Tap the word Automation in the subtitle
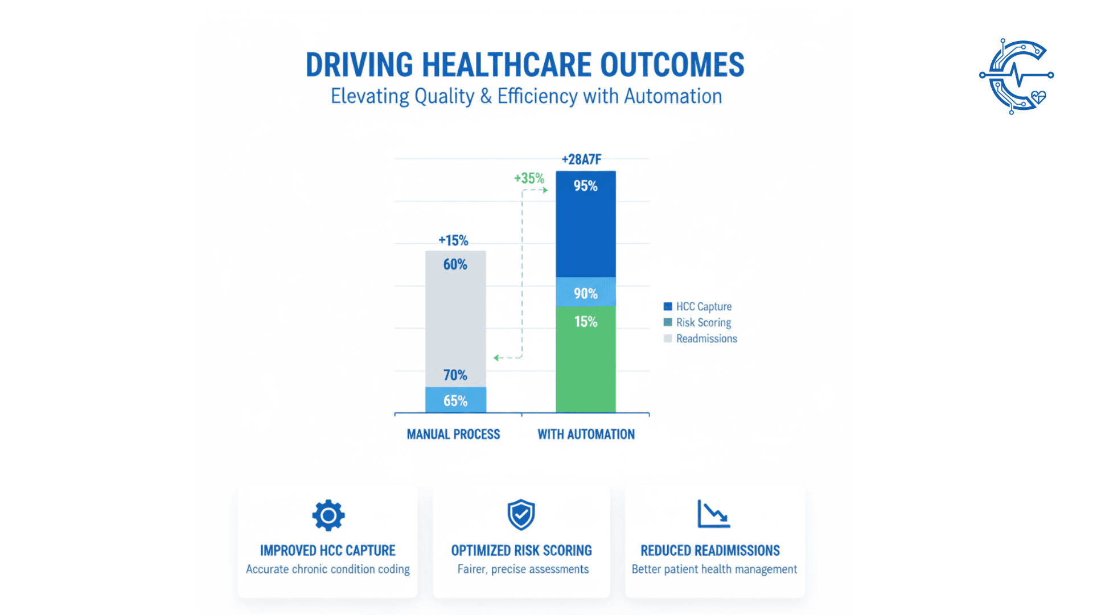click(673, 96)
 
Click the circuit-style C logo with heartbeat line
click(1017, 76)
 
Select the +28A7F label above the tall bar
click(581, 159)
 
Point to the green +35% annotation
click(529, 178)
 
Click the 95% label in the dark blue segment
click(585, 186)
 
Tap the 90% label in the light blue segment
click(585, 293)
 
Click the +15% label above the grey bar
click(453, 240)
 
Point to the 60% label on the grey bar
click(455, 264)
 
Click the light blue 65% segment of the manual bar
click(455, 400)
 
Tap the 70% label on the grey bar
click(455, 375)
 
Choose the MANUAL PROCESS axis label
click(453, 434)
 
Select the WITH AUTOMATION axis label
click(586, 434)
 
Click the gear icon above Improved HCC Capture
click(328, 516)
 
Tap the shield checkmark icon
click(521, 515)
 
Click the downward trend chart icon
click(714, 514)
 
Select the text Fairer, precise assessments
click(523, 569)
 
